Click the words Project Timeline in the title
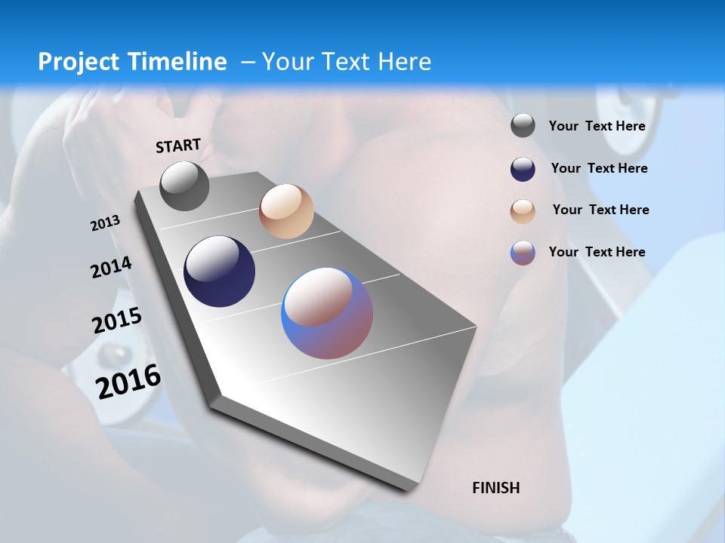pos(132,62)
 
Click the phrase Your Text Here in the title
pos(346,62)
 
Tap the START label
pos(178,146)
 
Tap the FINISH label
pos(496,488)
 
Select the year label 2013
pos(105,223)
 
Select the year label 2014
pos(111,268)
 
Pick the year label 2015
pos(117,321)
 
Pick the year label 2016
pos(128,382)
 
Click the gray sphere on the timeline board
pos(184,186)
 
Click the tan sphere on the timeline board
pos(286,211)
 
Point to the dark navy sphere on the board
pos(220,271)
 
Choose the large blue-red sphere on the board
pos(327,313)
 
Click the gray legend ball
pos(523,126)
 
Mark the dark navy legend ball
pos(523,169)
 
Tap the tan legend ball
pos(523,211)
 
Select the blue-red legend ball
pos(523,253)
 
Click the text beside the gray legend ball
pos(597,126)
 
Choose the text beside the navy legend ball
pos(599,168)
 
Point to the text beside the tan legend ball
pos(600,210)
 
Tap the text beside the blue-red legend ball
pos(597,252)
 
